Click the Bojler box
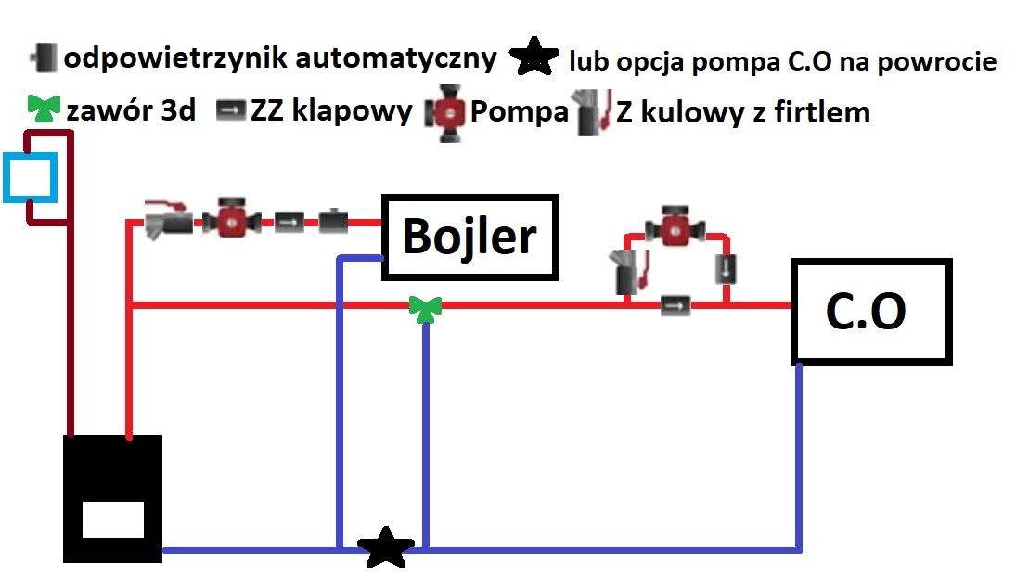click(469, 237)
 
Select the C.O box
click(871, 312)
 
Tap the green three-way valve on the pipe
click(425, 309)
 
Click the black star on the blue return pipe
click(386, 547)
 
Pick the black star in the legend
click(534, 57)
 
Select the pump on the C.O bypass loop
click(675, 226)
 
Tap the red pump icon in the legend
click(445, 112)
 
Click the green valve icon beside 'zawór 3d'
click(44, 109)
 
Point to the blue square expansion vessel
click(30, 177)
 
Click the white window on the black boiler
click(113, 520)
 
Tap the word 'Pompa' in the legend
click(519, 111)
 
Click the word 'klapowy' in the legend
click(352, 110)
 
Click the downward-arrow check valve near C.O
click(726, 269)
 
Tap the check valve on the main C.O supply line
click(675, 305)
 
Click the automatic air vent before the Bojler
click(333, 222)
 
